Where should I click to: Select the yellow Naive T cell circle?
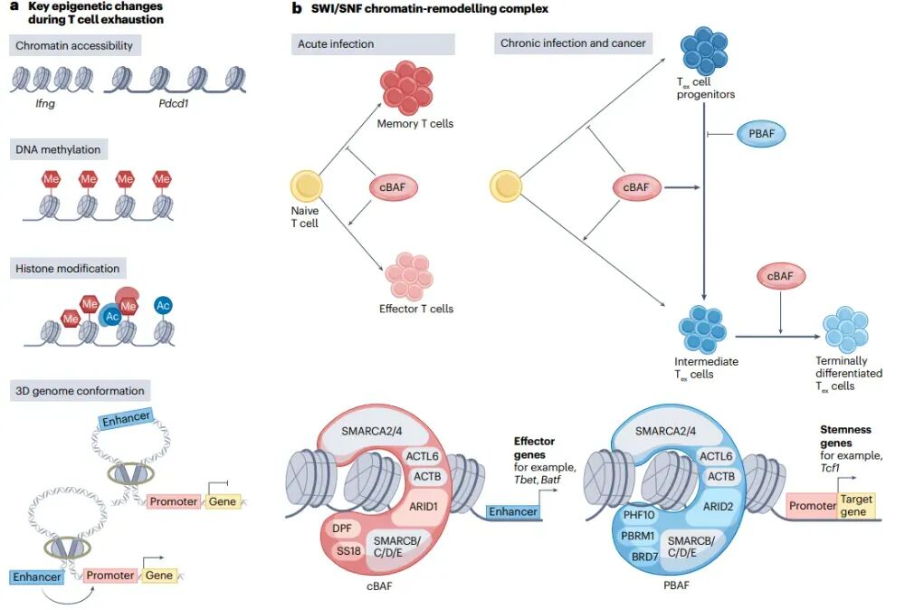pos(306,187)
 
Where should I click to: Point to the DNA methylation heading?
pos(59,149)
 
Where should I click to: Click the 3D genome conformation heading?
pos(80,391)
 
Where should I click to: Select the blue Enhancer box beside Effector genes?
pos(513,511)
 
